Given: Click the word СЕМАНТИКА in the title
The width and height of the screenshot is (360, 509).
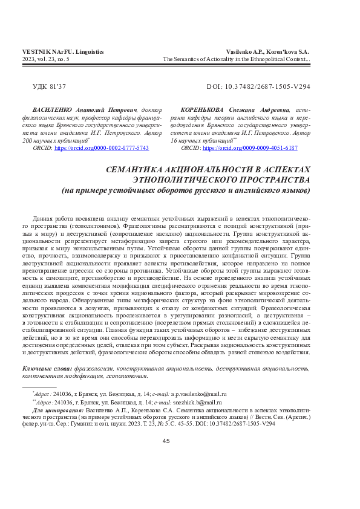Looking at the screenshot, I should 137,170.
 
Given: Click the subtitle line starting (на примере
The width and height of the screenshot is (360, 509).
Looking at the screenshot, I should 186,190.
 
